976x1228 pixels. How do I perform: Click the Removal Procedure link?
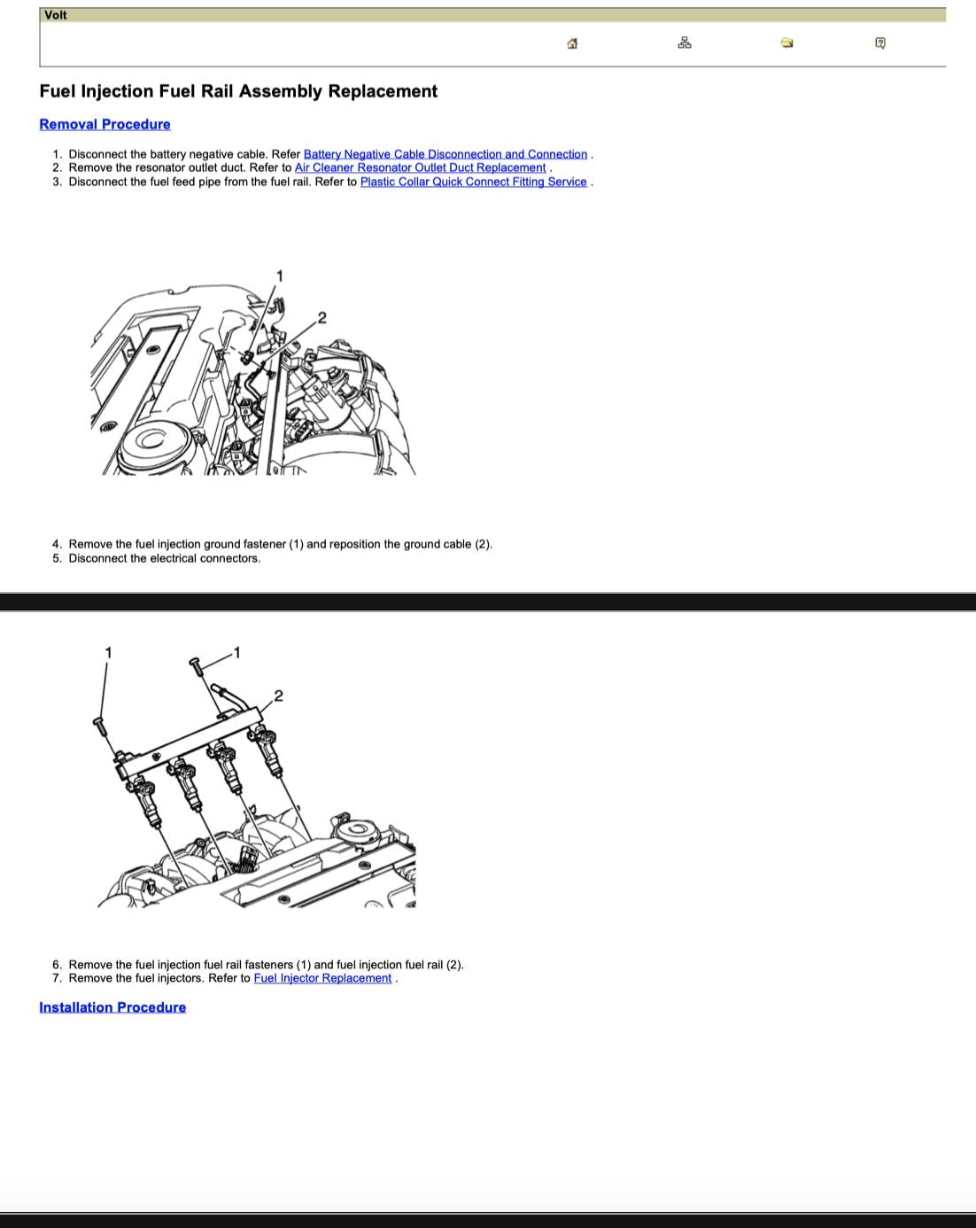(x=105, y=124)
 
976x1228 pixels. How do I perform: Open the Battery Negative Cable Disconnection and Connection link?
(x=445, y=154)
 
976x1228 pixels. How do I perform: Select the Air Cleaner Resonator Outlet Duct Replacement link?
(x=421, y=167)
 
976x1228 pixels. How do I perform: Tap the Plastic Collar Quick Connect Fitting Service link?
(x=474, y=182)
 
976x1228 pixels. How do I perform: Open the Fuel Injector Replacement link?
(x=323, y=978)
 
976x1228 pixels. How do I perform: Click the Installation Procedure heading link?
(x=112, y=1007)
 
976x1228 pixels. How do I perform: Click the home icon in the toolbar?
(x=572, y=43)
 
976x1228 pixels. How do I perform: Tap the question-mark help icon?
(x=880, y=43)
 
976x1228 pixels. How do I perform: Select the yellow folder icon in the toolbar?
(x=787, y=43)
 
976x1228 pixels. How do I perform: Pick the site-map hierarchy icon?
(x=685, y=43)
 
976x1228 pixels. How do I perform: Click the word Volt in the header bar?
(x=55, y=15)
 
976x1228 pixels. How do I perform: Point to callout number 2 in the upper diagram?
(x=322, y=318)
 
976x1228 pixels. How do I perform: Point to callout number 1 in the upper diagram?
(x=280, y=276)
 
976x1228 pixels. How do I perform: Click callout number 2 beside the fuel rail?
(x=278, y=696)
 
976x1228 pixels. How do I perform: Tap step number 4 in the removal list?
(x=57, y=544)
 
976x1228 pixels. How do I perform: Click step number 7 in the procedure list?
(x=57, y=978)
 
